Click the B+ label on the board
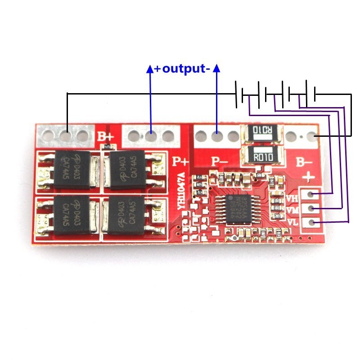tap(106, 136)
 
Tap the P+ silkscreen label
tap(181, 161)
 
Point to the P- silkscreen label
tap(220, 161)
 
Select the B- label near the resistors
tap(303, 161)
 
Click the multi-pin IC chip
tap(237, 207)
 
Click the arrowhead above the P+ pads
tap(150, 68)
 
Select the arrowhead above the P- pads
tap(216, 68)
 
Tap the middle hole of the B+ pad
tap(67, 135)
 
